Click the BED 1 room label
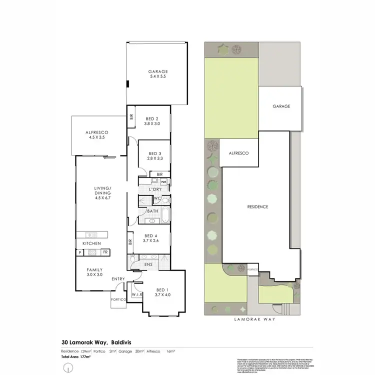point(162,290)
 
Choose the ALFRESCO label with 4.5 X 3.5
point(98,132)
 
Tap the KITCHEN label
point(92,243)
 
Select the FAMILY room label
point(94,270)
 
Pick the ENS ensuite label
point(147,264)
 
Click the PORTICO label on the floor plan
point(118,300)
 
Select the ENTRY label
point(118,279)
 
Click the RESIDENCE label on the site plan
point(258,206)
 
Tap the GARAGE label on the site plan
point(281,106)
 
